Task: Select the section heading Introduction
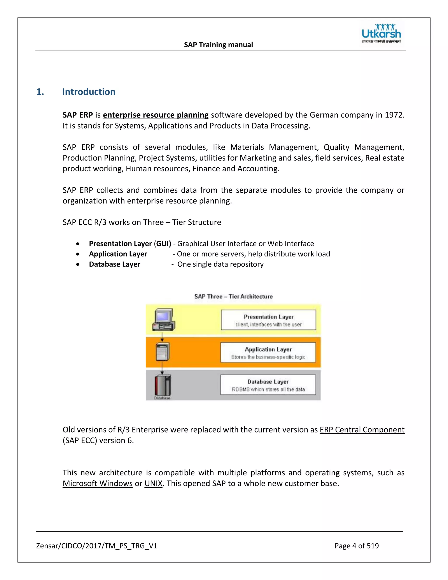(89, 92)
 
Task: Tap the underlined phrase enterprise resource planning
(156, 115)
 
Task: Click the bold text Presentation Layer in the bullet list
(120, 244)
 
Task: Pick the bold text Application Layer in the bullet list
(118, 254)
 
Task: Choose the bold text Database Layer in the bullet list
(114, 264)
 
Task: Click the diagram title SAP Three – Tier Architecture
(233, 296)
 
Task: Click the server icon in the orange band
(163, 352)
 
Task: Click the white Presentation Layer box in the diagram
(268, 320)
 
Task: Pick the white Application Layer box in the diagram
(268, 352)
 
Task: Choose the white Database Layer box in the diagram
(268, 385)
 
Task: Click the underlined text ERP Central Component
(362, 430)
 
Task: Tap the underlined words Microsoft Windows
(97, 483)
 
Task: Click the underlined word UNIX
(153, 483)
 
